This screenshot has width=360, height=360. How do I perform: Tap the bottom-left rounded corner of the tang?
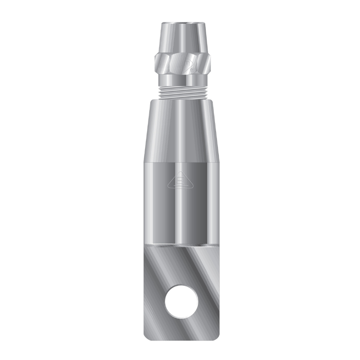click(147, 337)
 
